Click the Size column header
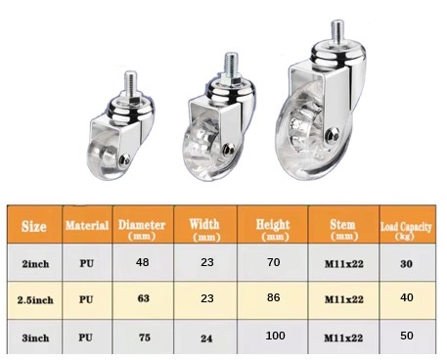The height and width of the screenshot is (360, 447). tap(34, 226)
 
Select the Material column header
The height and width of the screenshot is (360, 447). tap(87, 225)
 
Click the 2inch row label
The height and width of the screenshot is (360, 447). tap(35, 263)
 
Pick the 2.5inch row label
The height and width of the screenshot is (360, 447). tap(35, 299)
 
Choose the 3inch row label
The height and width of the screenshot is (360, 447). tap(35, 337)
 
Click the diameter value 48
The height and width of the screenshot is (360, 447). tap(143, 262)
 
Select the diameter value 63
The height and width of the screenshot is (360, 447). tap(143, 298)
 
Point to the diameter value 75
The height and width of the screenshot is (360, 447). tap(144, 337)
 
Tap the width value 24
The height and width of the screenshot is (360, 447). tap(206, 338)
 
